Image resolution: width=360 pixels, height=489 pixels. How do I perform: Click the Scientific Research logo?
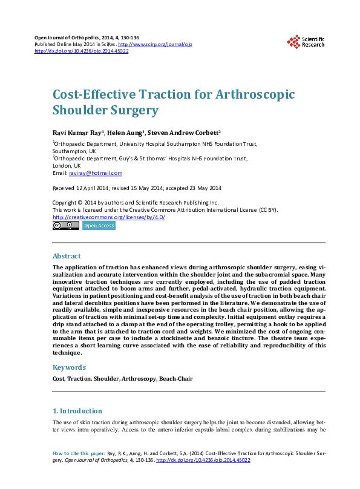coord(306,42)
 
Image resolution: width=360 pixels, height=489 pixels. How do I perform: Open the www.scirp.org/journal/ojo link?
coord(155,45)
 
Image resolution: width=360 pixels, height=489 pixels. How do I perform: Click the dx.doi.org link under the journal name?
coord(82,51)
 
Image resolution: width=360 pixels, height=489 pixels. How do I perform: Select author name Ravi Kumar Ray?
coord(78,131)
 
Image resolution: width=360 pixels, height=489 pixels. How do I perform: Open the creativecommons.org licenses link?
coord(109,217)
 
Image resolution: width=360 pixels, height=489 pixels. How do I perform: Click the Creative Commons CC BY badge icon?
coord(65,226)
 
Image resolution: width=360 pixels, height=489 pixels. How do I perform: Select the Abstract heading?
coord(67,256)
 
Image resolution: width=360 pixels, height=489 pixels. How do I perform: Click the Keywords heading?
coord(70,367)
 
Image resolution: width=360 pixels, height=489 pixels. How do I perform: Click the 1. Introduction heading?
coord(77,411)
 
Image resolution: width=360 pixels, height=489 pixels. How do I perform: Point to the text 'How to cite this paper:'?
coord(79,453)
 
